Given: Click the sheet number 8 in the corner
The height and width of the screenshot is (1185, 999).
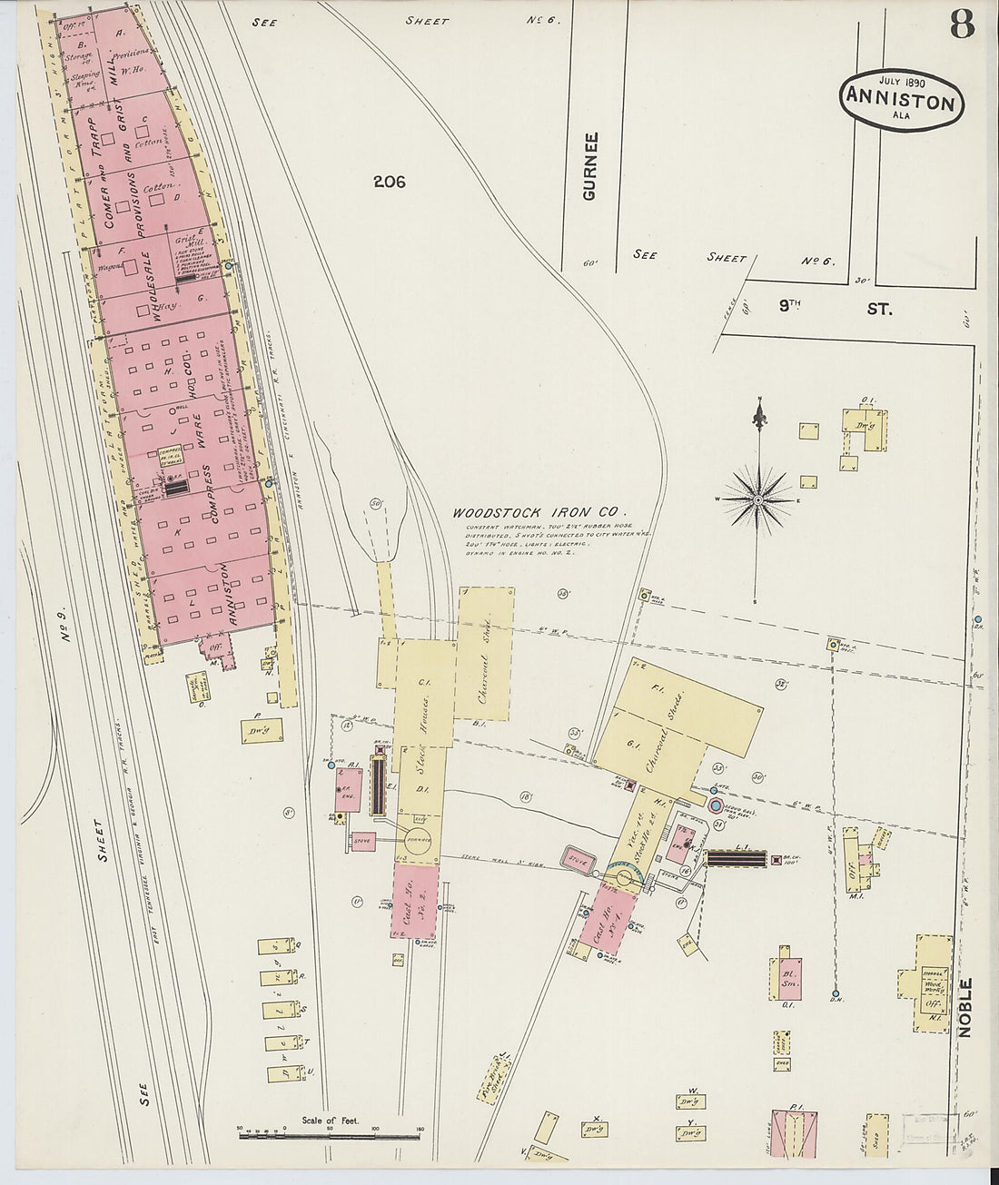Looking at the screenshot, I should click(962, 25).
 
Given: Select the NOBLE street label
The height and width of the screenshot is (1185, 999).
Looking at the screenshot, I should click(964, 1007).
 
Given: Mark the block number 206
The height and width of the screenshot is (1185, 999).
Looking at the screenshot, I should click(388, 182).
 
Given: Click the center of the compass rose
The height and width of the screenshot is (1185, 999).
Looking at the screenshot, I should click(757, 499).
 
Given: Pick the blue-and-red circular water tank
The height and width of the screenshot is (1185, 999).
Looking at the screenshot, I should click(717, 805).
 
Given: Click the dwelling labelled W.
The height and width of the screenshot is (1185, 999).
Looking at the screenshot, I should click(692, 1101).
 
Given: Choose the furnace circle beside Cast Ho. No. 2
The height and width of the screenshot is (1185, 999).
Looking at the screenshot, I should click(419, 839).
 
